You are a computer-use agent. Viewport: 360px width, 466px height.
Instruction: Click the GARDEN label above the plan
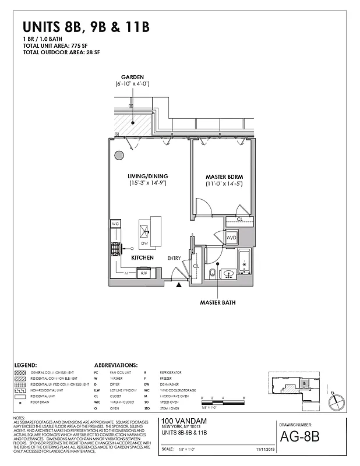pyautogui.click(x=132, y=77)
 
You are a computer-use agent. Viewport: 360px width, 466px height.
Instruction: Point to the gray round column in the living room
pyautogui.click(x=119, y=156)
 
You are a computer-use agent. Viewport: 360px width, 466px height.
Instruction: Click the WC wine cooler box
pyautogui.click(x=115, y=224)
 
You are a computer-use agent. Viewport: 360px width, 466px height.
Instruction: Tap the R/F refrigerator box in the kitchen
pyautogui.click(x=143, y=272)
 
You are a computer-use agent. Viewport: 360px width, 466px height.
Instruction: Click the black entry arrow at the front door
pyautogui.click(x=179, y=284)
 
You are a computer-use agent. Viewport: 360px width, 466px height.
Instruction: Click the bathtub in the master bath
pyautogui.click(x=244, y=263)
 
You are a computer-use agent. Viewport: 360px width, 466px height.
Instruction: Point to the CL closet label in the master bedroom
pyautogui.click(x=239, y=219)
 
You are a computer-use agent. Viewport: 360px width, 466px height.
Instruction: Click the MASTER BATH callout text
pyautogui.click(x=218, y=302)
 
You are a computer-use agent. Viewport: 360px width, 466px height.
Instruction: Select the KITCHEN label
pyautogui.click(x=142, y=257)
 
